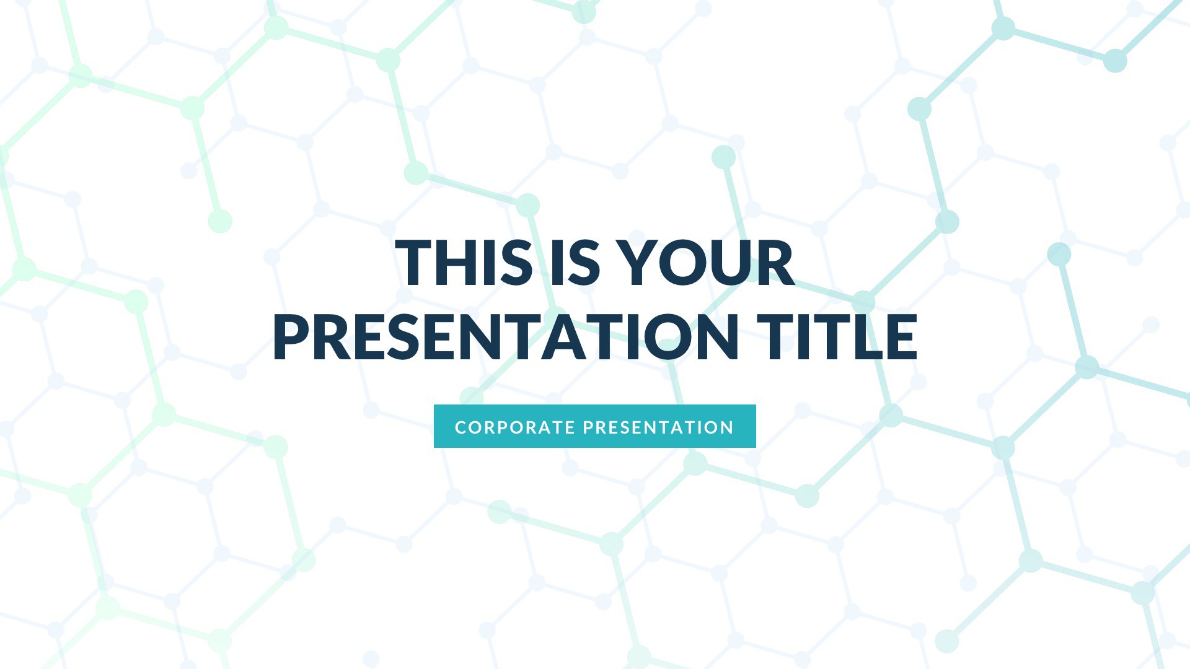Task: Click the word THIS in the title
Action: pyautogui.click(x=464, y=263)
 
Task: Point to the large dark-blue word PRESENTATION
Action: pyautogui.click(x=505, y=337)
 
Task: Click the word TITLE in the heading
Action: pyautogui.click(x=837, y=337)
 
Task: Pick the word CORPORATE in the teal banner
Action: pyautogui.click(x=515, y=427)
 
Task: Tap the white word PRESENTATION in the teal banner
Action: pyautogui.click(x=659, y=427)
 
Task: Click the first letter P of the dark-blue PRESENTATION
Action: pyautogui.click(x=291, y=337)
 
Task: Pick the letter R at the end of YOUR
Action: pyautogui.click(x=777, y=263)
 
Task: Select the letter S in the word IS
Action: pyautogui.click(x=585, y=263)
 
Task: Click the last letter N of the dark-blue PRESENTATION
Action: pyautogui.click(x=718, y=337)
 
